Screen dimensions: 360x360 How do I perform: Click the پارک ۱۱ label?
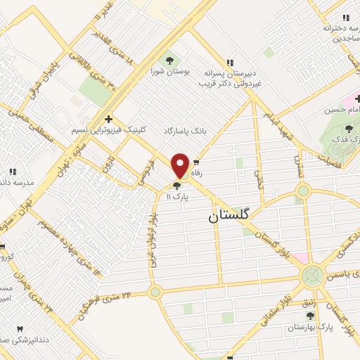pyautogui.click(x=179, y=198)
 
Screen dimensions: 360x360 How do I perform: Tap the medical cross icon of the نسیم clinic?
pyautogui.click(x=107, y=119)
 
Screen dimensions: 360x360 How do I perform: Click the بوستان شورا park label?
pyautogui.click(x=167, y=71)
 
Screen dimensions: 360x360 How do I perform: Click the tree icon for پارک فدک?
pyautogui.click(x=349, y=128)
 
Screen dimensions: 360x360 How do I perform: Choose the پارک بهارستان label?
pyautogui.click(x=308, y=328)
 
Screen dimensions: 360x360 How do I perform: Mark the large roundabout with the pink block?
pyautogui.click(x=312, y=276)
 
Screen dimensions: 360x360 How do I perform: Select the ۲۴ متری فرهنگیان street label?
pyautogui.click(x=105, y=305)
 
